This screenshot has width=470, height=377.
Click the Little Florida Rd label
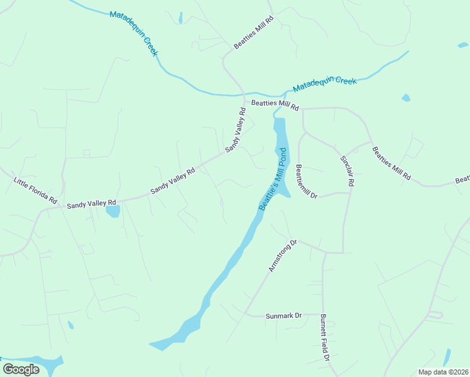pyautogui.click(x=35, y=190)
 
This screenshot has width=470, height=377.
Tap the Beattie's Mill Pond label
pyautogui.click(x=273, y=179)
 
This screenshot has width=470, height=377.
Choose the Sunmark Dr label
pyautogui.click(x=283, y=315)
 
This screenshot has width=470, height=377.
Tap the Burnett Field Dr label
pyautogui.click(x=325, y=337)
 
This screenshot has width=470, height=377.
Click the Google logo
pyautogui.click(x=21, y=369)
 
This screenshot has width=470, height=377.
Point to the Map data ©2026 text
pyautogui.click(x=443, y=372)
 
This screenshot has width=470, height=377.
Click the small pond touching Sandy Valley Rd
pyautogui.click(x=113, y=211)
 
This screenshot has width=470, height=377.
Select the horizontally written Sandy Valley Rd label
pyautogui.click(x=92, y=204)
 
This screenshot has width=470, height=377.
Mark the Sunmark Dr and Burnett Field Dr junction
pyautogui.click(x=323, y=315)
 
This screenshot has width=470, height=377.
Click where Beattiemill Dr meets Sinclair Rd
pyautogui.click(x=349, y=193)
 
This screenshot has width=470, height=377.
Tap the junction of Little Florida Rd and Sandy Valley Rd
pyautogui.click(x=61, y=206)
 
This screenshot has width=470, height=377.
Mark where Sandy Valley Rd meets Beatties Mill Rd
pyautogui.click(x=244, y=97)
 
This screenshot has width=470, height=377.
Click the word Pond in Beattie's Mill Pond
pyautogui.click(x=280, y=160)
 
